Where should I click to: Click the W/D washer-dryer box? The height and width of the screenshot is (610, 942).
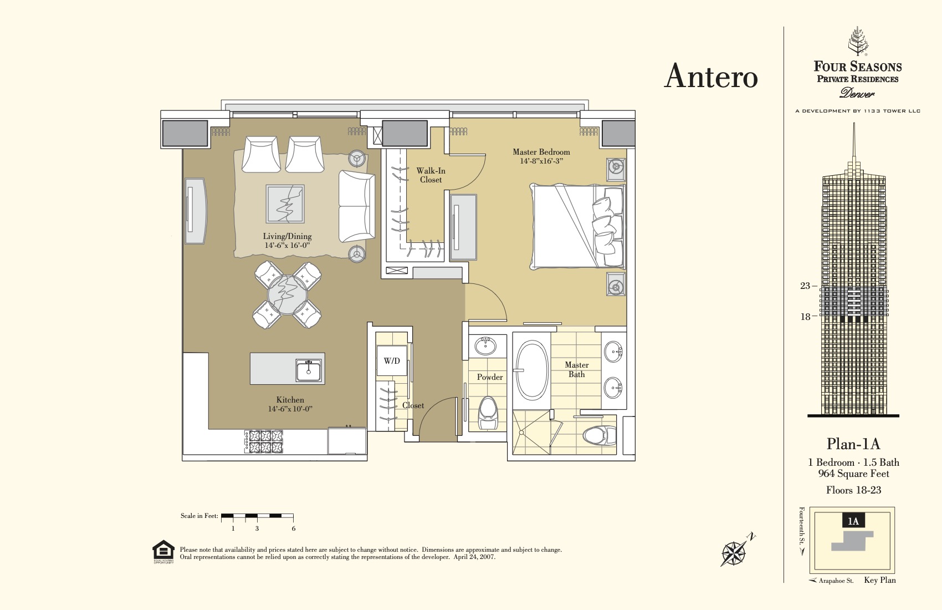click(x=392, y=361)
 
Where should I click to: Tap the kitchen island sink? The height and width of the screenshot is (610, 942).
click(x=308, y=370)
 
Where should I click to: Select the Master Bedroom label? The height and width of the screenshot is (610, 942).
click(x=541, y=152)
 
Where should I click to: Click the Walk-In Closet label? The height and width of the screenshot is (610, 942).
click(x=431, y=175)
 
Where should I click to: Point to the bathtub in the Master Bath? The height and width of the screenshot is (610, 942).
click(x=532, y=370)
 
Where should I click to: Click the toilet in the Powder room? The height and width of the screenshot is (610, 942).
click(x=488, y=413)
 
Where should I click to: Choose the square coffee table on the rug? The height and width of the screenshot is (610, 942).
click(x=285, y=204)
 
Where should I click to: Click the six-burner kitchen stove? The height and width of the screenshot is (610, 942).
click(x=264, y=441)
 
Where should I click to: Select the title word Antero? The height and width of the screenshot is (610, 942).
click(x=711, y=76)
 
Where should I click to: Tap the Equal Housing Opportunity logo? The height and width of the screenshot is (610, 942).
click(x=163, y=552)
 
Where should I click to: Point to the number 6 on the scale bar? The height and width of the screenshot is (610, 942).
click(x=294, y=528)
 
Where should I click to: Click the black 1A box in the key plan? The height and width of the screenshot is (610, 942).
click(x=853, y=521)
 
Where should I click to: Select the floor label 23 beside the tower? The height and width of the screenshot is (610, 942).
click(x=805, y=286)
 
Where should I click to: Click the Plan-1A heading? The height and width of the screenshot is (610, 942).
click(x=853, y=444)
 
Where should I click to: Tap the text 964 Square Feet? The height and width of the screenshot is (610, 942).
click(x=853, y=474)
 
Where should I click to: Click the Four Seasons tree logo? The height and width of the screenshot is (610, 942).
click(x=858, y=41)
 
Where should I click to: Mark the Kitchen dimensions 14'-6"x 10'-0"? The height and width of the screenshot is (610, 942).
click(x=290, y=409)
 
